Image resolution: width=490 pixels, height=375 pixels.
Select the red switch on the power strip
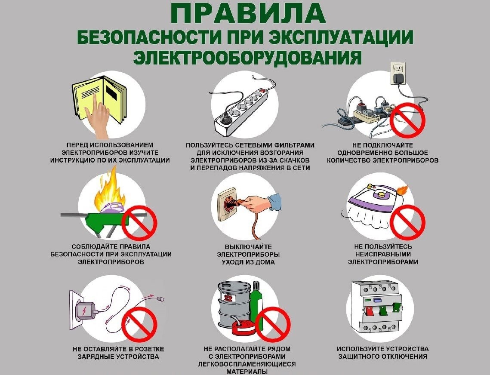click(x=261, y=92)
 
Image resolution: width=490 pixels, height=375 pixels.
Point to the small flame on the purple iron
click(x=402, y=189)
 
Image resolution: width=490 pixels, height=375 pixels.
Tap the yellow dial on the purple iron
click(x=379, y=194)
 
